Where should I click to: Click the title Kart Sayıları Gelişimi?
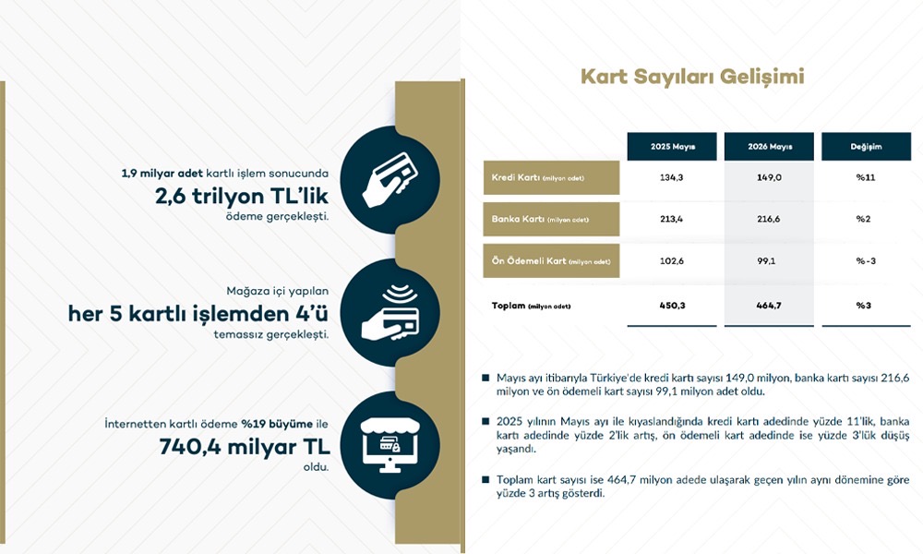click(x=692, y=78)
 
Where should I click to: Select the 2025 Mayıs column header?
click(x=672, y=147)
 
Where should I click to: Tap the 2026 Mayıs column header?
click(x=770, y=147)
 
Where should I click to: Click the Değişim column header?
click(x=866, y=147)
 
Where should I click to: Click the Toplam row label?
click(x=531, y=306)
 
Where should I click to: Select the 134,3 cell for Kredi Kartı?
click(x=672, y=177)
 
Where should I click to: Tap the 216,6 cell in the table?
click(x=769, y=219)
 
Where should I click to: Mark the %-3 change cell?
click(x=866, y=260)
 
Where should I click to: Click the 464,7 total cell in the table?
click(x=769, y=306)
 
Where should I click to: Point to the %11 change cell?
click(x=866, y=177)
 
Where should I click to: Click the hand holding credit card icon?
click(x=390, y=179)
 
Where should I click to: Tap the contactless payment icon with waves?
click(x=390, y=312)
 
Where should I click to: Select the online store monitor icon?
click(x=390, y=445)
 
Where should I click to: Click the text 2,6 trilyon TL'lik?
click(x=242, y=196)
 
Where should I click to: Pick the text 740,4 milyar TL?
click(x=245, y=447)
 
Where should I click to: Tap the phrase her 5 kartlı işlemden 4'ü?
click(x=198, y=314)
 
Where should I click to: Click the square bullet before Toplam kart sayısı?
click(x=485, y=480)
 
